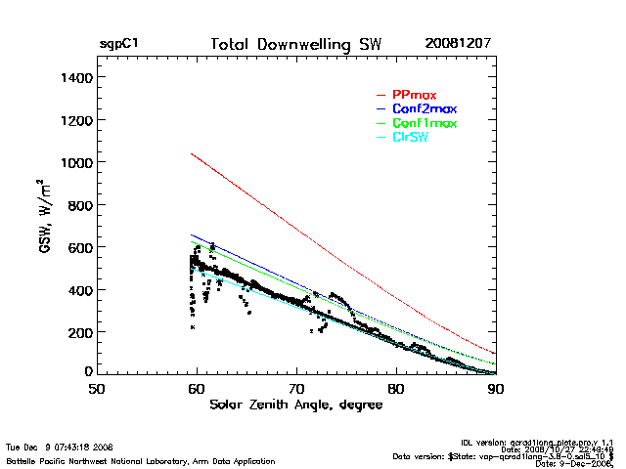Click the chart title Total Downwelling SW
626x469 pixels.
[296, 45]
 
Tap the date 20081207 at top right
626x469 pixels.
[458, 45]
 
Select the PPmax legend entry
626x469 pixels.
[414, 95]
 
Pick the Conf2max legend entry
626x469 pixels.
[424, 108]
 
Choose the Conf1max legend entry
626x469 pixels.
[424, 123]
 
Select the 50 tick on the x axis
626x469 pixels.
[96, 389]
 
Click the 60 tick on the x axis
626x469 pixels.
[197, 389]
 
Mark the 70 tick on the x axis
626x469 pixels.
[296, 389]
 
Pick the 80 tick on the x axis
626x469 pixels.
[396, 389]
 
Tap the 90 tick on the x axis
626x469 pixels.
[496, 389]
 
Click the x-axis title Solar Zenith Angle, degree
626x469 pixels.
[296, 404]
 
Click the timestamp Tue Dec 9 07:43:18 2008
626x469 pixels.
[61, 447]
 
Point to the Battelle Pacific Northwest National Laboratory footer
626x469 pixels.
[140, 460]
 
